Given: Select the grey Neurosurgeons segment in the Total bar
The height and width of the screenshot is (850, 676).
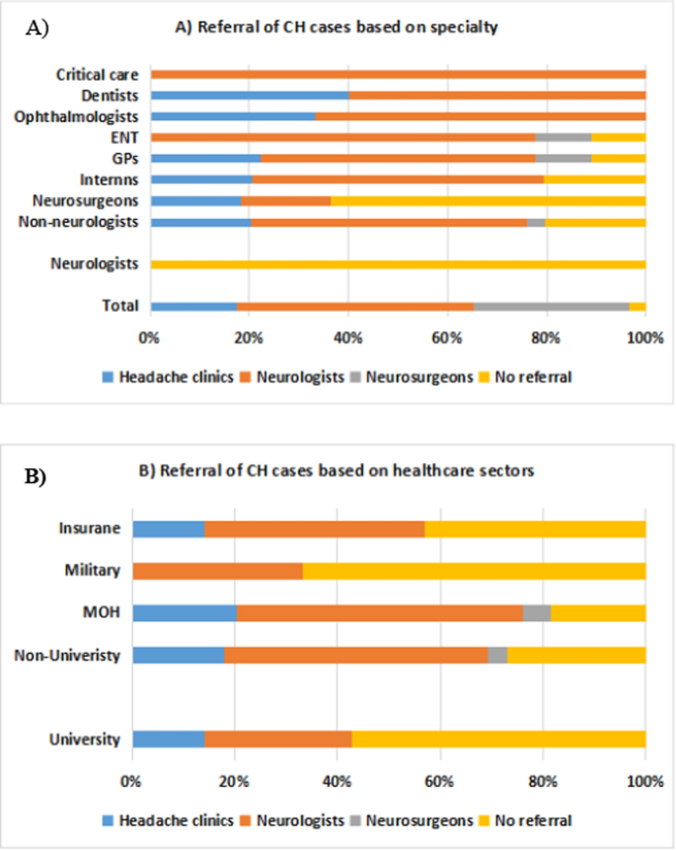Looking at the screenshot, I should click(x=551, y=307).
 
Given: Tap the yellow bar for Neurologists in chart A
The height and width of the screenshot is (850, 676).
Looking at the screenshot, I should click(x=398, y=264).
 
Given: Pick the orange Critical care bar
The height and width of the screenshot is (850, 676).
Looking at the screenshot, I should click(x=398, y=74).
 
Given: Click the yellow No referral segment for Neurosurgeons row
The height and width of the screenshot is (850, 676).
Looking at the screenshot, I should click(x=488, y=201).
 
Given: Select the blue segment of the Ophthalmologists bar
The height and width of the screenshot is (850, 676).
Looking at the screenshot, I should click(x=233, y=116).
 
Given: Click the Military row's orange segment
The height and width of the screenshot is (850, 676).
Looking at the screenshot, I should click(x=217, y=571).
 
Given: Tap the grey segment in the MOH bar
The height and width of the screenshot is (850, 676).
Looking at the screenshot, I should click(x=537, y=612).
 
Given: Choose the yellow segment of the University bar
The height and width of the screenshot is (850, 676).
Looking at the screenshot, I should click(x=498, y=740).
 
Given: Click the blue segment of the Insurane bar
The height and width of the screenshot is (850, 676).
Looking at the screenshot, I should click(x=168, y=529).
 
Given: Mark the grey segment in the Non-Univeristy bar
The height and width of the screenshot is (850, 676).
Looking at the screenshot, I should click(x=497, y=655).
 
